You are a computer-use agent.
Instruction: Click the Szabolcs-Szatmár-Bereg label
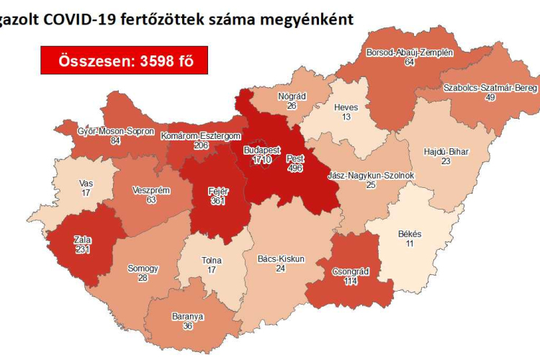(490, 87)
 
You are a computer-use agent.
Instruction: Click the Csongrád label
(351, 271)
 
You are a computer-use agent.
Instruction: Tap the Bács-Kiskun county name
(281, 258)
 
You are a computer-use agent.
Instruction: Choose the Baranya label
(188, 316)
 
